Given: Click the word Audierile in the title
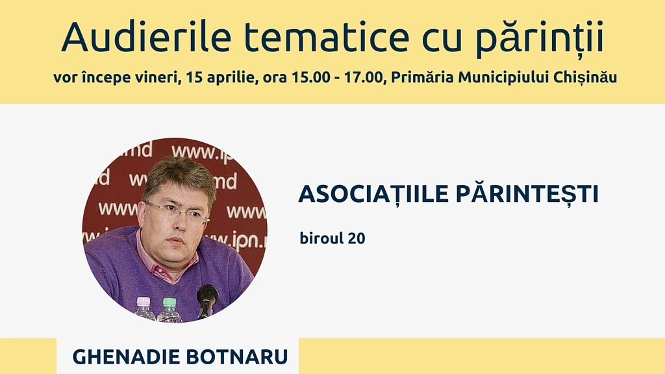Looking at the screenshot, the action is coord(146,36).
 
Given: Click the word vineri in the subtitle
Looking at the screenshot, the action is coord(158,78).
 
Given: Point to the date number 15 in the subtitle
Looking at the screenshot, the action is coord(194,78).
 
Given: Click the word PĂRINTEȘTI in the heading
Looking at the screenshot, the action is coord(527,195).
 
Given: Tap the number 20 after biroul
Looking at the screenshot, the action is coord(357,238).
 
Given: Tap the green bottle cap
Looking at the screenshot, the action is coord(169,303).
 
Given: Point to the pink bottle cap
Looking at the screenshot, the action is coord(144,301).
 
